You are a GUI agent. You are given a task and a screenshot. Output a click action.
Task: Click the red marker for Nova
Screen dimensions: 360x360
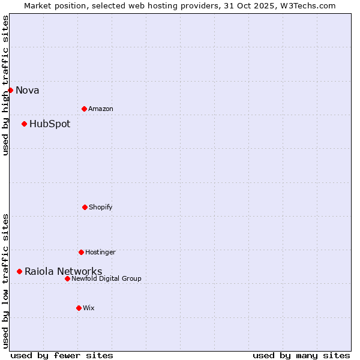(10, 90)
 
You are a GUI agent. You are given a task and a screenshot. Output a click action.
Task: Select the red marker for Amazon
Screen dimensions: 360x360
(84, 109)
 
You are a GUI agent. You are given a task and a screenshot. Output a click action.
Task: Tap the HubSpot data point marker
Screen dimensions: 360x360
(24, 124)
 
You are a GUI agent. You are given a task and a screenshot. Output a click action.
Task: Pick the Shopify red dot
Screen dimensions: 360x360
(85, 207)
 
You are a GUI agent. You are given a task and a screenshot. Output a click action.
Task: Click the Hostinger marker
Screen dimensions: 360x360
(81, 252)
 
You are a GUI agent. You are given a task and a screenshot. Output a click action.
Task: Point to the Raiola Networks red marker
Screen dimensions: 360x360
(19, 271)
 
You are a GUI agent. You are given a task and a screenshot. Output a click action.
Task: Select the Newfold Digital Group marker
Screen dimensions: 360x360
(67, 278)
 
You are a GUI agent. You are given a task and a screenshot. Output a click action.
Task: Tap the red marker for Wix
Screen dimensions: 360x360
(79, 308)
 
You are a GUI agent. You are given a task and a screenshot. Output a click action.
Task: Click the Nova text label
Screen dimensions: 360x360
(27, 90)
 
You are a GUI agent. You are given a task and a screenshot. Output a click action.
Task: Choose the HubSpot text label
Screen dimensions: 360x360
(50, 124)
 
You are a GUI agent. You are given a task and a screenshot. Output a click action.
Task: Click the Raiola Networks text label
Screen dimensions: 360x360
(63, 271)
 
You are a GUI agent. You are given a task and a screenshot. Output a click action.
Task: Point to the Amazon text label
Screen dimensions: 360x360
(101, 109)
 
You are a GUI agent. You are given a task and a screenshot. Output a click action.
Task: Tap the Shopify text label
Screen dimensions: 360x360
(101, 207)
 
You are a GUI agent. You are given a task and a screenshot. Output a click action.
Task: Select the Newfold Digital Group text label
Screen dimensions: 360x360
(106, 278)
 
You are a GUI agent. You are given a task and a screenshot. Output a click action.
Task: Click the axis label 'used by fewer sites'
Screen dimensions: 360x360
(62, 355)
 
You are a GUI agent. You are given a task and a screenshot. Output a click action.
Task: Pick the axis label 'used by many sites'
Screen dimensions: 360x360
(301, 355)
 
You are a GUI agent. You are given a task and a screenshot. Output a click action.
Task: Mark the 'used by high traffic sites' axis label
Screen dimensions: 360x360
(5, 85)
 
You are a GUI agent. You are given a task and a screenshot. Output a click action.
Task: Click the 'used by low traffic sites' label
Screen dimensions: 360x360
(5, 281)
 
